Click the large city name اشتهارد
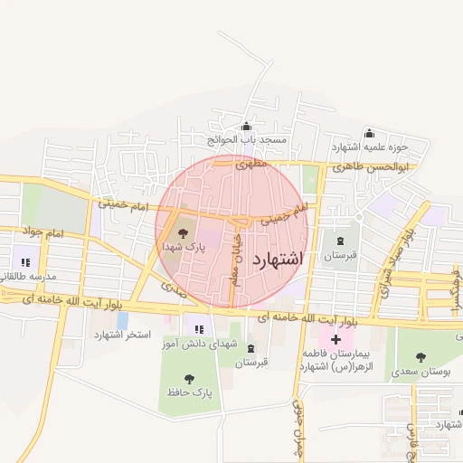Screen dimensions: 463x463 (x=277, y=260)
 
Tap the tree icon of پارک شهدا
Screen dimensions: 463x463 (x=181, y=232)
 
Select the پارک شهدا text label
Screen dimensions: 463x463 (x=184, y=246)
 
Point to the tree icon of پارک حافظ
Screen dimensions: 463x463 (x=188, y=378)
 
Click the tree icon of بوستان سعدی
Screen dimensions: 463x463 (x=421, y=358)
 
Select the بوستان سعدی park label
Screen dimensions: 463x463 (x=422, y=372)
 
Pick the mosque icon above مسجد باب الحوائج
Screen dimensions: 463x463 (x=246, y=127)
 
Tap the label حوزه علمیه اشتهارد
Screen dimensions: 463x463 (x=370, y=146)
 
